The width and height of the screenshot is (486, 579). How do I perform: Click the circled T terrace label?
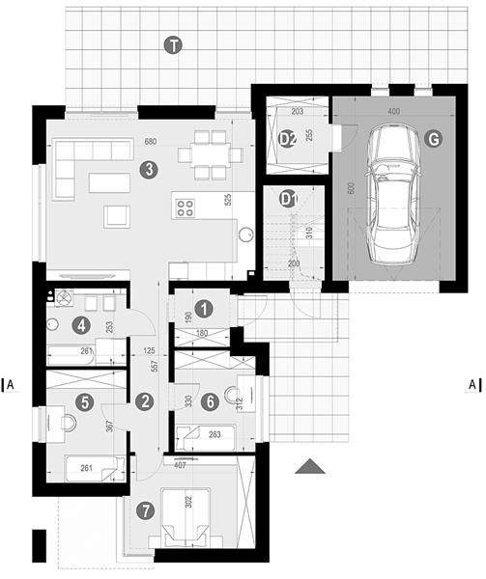[173, 45]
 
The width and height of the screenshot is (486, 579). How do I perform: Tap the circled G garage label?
[433, 139]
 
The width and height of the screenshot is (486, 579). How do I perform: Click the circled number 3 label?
[149, 170]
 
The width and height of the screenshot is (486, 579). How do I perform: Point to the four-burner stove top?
[186, 207]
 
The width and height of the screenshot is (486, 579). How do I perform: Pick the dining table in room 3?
[210, 154]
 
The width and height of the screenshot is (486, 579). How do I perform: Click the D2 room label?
[287, 139]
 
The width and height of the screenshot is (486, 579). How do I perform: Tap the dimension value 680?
[151, 141]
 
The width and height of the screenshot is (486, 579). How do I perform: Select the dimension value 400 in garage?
[394, 111]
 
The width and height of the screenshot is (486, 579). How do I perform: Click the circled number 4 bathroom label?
[82, 326]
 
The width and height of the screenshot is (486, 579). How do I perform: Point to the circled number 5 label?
[85, 402]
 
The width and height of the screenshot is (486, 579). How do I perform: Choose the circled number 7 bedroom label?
[145, 511]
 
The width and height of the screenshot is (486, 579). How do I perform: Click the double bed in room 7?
[186, 517]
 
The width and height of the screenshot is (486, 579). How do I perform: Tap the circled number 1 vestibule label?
[204, 309]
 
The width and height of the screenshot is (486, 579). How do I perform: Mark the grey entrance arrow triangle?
[310, 466]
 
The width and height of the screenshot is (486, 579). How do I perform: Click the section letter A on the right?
[472, 385]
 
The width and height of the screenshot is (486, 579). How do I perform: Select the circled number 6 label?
[211, 401]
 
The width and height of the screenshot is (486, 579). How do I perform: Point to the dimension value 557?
[155, 366]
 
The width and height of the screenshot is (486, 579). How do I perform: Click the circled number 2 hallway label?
[145, 401]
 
